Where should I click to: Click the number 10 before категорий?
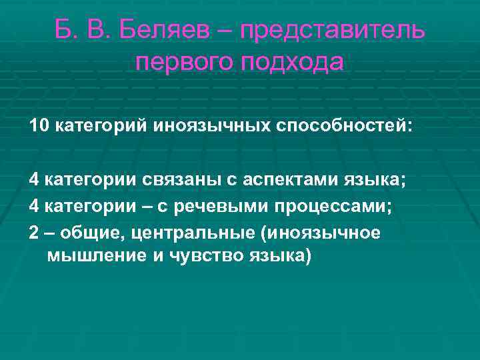tap(38, 126)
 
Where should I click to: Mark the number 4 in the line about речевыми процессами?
tap(33, 207)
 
